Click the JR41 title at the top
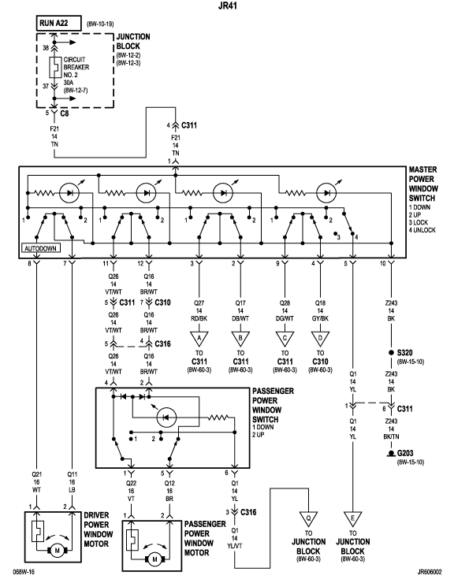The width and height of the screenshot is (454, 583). [x=227, y=6]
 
